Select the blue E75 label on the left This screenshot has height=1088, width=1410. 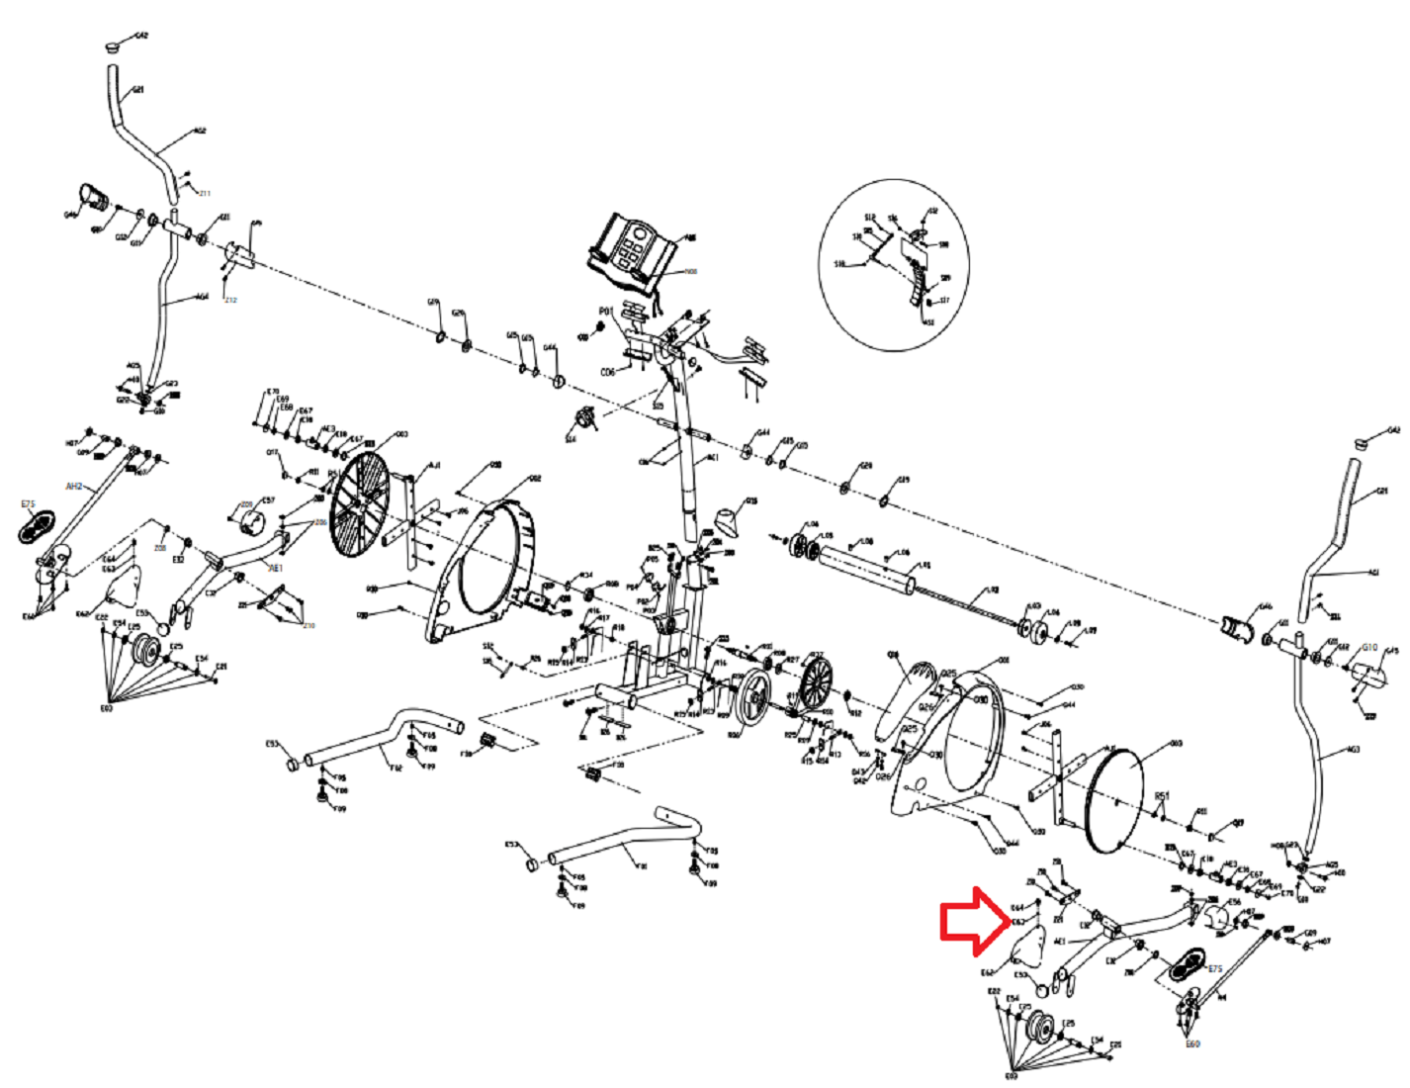click(28, 504)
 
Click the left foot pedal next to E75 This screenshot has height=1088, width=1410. click(37, 526)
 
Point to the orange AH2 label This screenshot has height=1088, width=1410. click(74, 487)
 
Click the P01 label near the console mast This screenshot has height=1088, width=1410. click(606, 312)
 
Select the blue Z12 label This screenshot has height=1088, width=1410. click(230, 300)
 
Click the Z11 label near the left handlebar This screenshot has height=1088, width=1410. click(204, 193)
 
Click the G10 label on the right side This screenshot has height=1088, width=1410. click(1369, 648)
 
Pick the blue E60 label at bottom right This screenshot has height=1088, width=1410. click(1192, 1043)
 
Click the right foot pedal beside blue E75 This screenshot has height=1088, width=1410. click(1184, 962)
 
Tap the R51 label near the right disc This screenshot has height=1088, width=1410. click(1162, 795)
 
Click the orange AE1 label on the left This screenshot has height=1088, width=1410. click(276, 569)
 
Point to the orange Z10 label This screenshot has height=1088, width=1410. click(308, 626)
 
